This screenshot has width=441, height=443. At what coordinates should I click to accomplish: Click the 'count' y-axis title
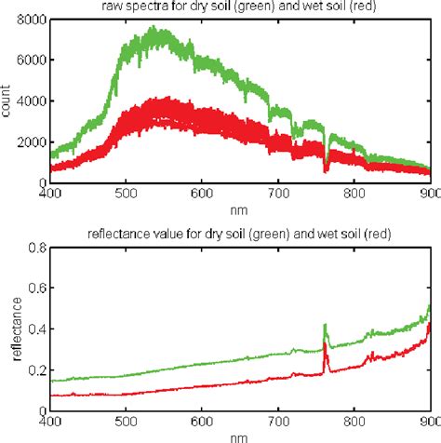coord(8,101)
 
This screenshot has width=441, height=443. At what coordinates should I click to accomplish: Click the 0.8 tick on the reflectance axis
coord(38,248)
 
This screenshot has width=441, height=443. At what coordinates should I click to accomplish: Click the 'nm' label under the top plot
coord(239,210)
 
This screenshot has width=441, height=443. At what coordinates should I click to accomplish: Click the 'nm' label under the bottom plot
coord(239,436)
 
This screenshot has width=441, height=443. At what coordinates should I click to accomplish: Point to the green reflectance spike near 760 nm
coord(325,326)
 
